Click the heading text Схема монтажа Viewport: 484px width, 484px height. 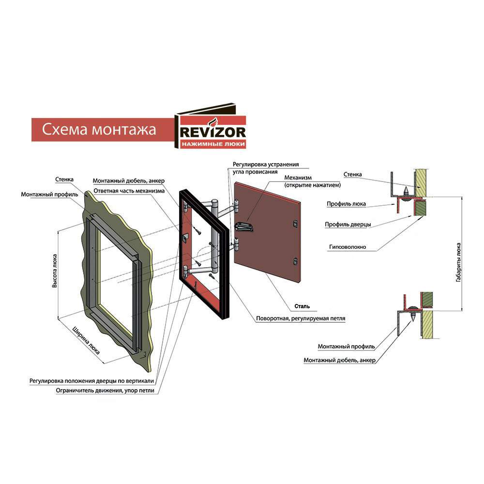(99, 130)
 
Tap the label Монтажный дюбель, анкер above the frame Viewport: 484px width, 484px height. (129, 181)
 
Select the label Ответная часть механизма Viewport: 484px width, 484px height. (129, 191)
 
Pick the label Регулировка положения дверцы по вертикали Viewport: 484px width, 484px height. (91, 380)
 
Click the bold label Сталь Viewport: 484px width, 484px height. (302, 306)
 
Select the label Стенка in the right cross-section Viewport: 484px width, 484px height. (352, 174)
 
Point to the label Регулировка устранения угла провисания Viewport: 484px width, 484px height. (265, 168)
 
